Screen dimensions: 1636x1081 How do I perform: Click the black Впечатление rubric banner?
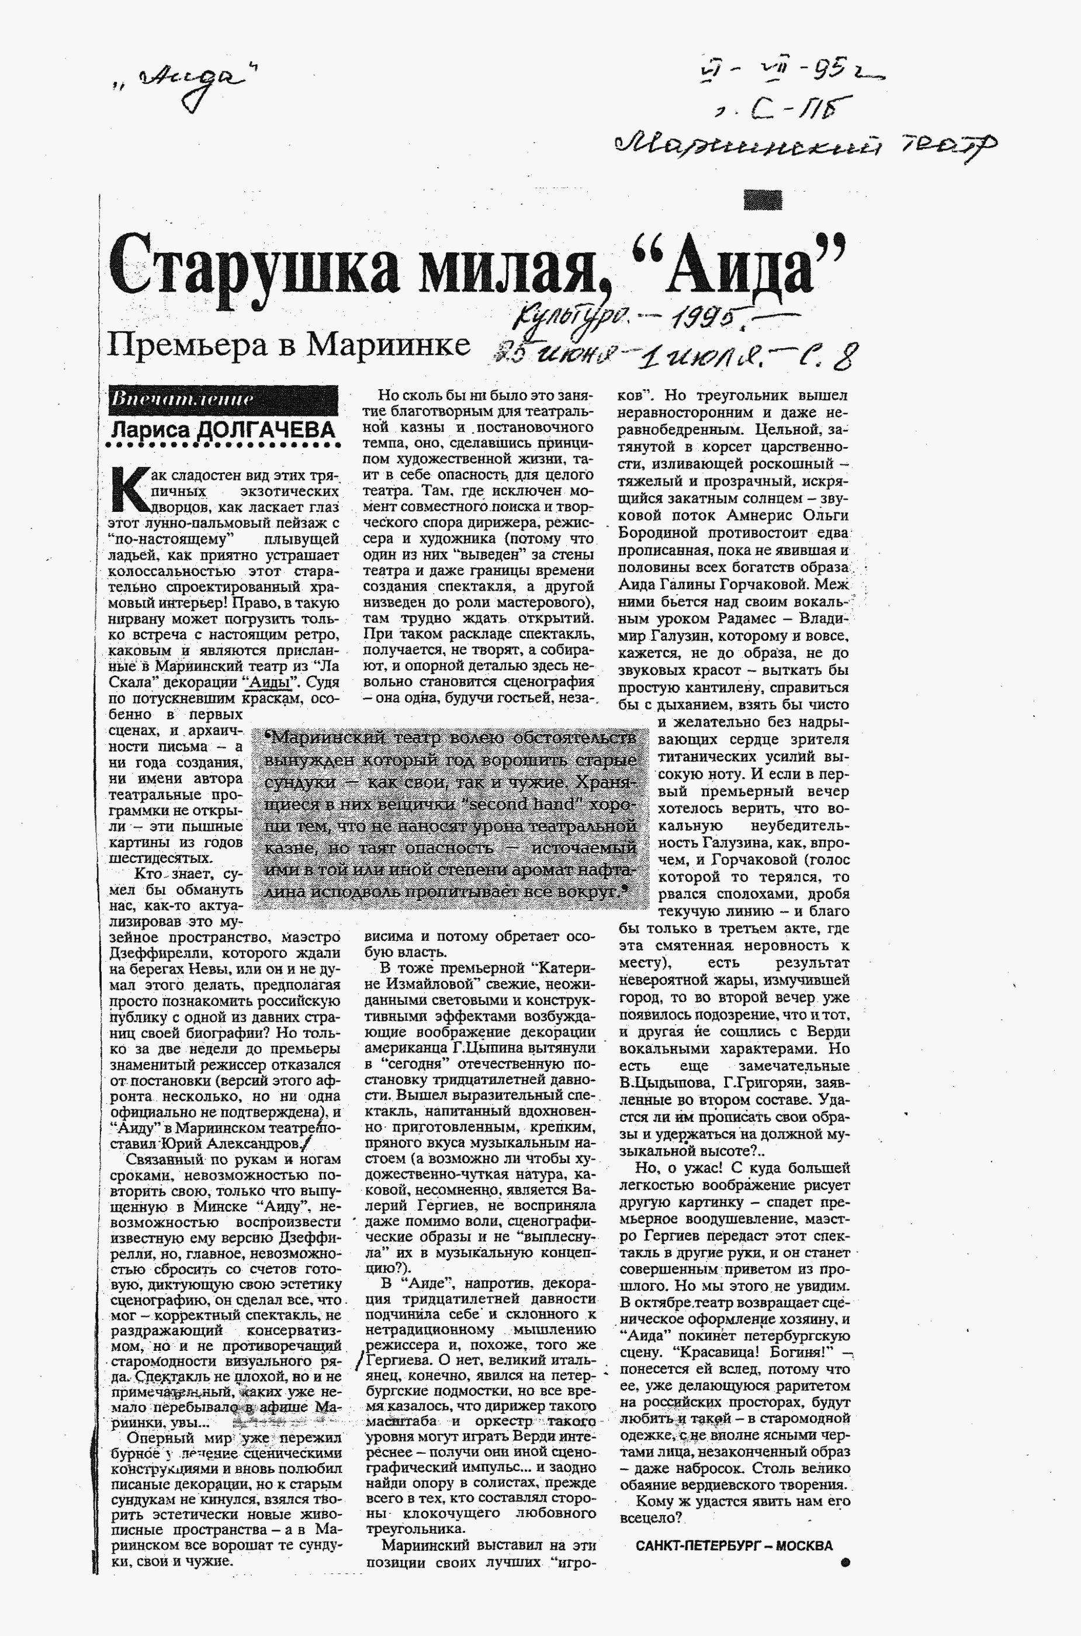[x=223, y=399]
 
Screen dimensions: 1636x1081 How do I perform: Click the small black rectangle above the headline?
[x=763, y=199]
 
